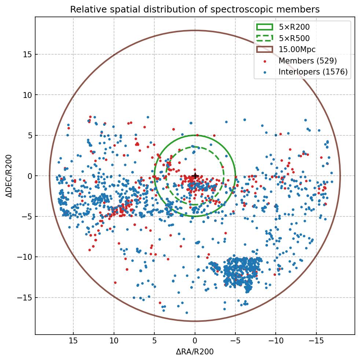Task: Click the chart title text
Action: [x=195, y=10]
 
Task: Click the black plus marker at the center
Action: [x=195, y=176]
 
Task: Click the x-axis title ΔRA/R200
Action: [x=195, y=352]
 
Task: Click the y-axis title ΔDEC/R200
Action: [x=9, y=176]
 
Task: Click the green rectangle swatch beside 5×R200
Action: [x=265, y=27]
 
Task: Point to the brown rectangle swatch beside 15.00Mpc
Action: [x=265, y=50]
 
